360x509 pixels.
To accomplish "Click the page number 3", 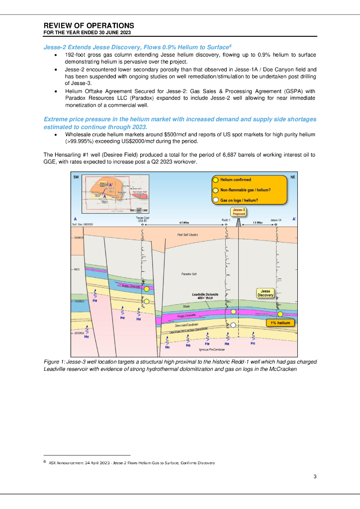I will click(x=315, y=477).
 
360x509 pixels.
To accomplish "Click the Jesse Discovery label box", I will click(x=266, y=293).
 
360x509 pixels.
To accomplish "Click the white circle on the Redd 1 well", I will click(x=233, y=325).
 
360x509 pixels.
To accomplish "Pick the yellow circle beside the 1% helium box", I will click(x=280, y=314).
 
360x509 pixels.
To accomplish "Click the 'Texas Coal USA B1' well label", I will click(x=143, y=219).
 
